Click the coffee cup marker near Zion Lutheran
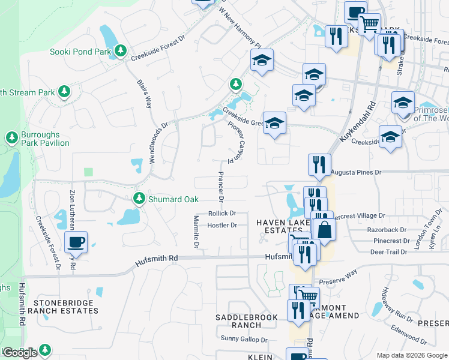tap(76, 242)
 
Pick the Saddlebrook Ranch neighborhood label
tap(247, 321)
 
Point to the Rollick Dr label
tap(223, 213)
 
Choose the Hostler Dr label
tap(222, 226)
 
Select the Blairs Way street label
tap(145, 94)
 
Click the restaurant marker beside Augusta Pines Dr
tap(319, 164)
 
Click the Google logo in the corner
tap(20, 353)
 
